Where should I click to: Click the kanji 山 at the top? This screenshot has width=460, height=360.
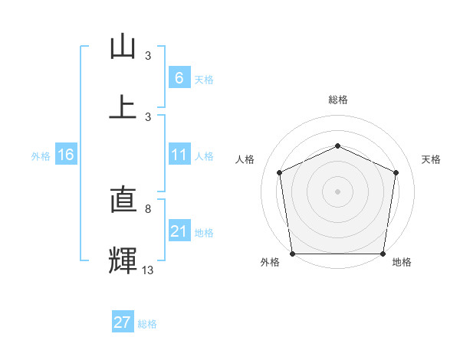pyautogui.click(x=123, y=48)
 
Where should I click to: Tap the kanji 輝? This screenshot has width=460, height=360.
pyautogui.click(x=123, y=260)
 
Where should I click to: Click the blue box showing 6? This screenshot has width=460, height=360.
pyautogui.click(x=179, y=78)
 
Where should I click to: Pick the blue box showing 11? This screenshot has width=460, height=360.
pyautogui.click(x=179, y=155)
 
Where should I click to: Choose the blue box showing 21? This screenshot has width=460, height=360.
pyautogui.click(x=179, y=231)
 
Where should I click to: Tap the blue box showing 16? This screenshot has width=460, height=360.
pyautogui.click(x=65, y=155)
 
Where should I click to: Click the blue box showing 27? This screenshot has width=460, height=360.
pyautogui.click(x=122, y=322)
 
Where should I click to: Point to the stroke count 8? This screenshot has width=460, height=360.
pyautogui.click(x=148, y=208)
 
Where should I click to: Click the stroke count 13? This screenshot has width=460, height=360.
pyautogui.click(x=148, y=270)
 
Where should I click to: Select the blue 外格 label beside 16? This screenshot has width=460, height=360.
pyautogui.click(x=41, y=155)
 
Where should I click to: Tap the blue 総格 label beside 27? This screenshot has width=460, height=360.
pyautogui.click(x=147, y=324)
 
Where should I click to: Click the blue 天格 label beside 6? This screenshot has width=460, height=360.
pyautogui.click(x=204, y=79)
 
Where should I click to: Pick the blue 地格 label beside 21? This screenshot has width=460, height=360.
pyautogui.click(x=204, y=232)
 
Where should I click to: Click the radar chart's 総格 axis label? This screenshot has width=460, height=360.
pyautogui.click(x=337, y=100)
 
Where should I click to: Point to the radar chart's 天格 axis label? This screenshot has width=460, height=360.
pyautogui.click(x=431, y=159)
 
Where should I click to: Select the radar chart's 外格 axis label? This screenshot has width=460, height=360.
pyautogui.click(x=270, y=262)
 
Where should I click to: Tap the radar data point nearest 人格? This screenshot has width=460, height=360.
pyautogui.click(x=280, y=172)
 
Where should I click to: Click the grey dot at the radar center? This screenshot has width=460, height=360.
pyautogui.click(x=337, y=191)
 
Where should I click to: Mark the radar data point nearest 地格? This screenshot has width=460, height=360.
pyautogui.click(x=383, y=254)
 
